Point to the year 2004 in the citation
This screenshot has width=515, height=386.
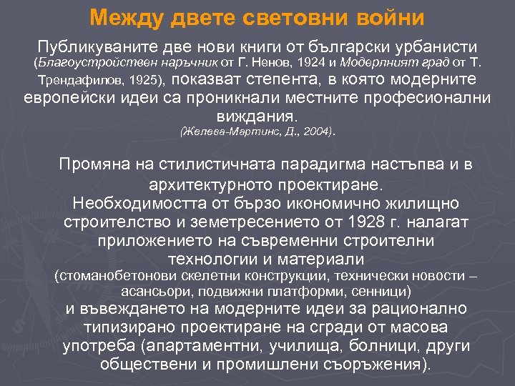310,132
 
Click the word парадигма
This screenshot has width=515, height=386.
296,165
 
